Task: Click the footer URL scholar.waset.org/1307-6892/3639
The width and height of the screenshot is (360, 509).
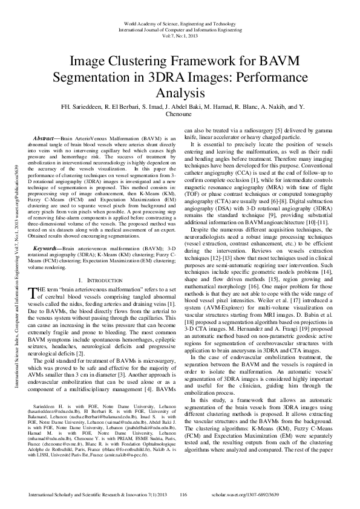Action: [x=288, y=495]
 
